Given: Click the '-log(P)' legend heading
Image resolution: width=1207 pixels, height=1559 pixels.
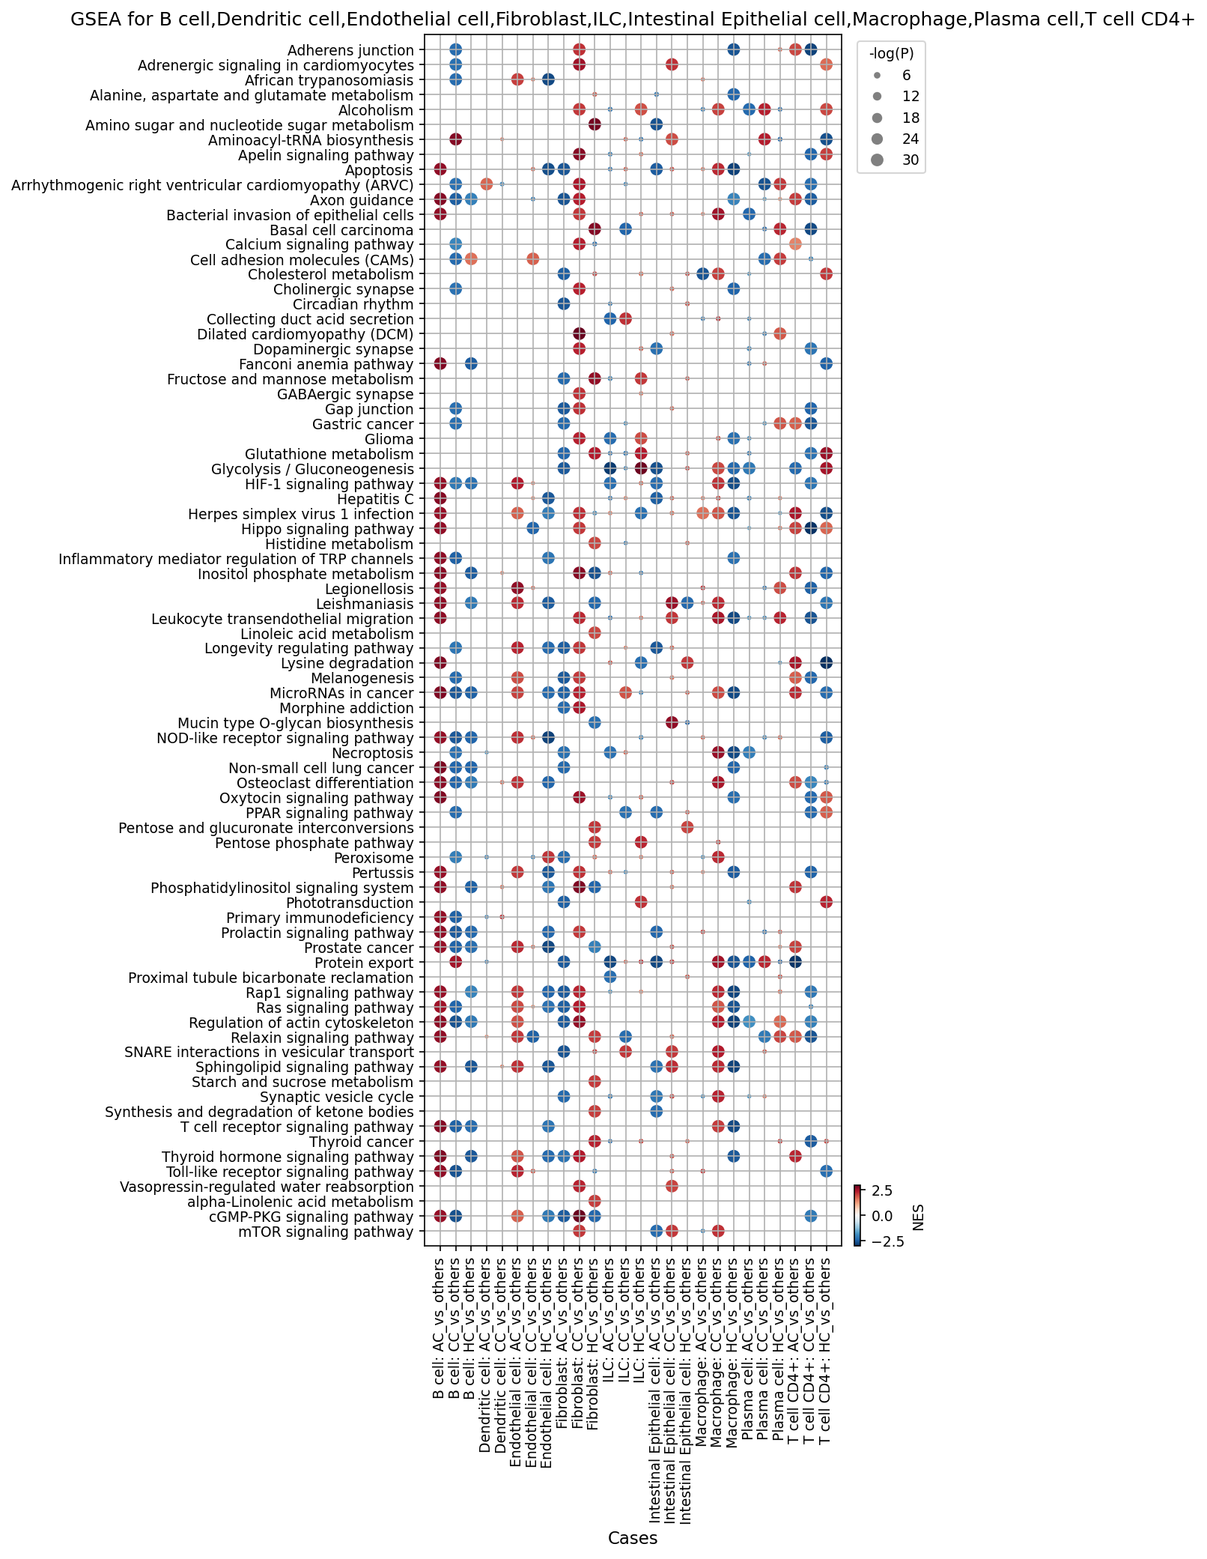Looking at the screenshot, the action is point(891,53).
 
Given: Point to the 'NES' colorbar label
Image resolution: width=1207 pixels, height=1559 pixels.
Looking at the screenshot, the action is point(918,1217).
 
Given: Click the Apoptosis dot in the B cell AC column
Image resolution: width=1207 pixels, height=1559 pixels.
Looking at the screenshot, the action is point(440,169).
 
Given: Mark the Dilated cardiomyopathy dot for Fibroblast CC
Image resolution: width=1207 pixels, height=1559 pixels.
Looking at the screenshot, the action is point(579,333).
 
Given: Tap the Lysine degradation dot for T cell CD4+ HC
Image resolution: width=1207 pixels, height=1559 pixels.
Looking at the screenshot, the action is point(827,663).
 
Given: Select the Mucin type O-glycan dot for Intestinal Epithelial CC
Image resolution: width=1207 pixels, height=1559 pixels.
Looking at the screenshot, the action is point(672,723).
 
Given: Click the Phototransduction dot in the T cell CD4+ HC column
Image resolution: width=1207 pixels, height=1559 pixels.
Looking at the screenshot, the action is point(827,902).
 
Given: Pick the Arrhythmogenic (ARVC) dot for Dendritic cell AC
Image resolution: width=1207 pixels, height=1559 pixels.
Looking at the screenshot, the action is point(486,184).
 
